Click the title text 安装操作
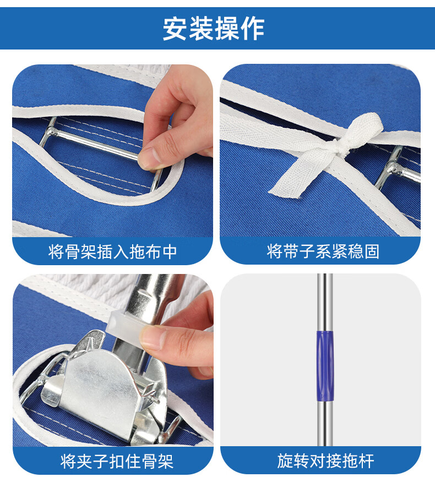click(214, 29)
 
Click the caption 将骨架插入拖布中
click(113, 252)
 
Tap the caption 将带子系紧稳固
click(323, 252)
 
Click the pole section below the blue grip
click(324, 418)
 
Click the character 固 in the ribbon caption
click(372, 252)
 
